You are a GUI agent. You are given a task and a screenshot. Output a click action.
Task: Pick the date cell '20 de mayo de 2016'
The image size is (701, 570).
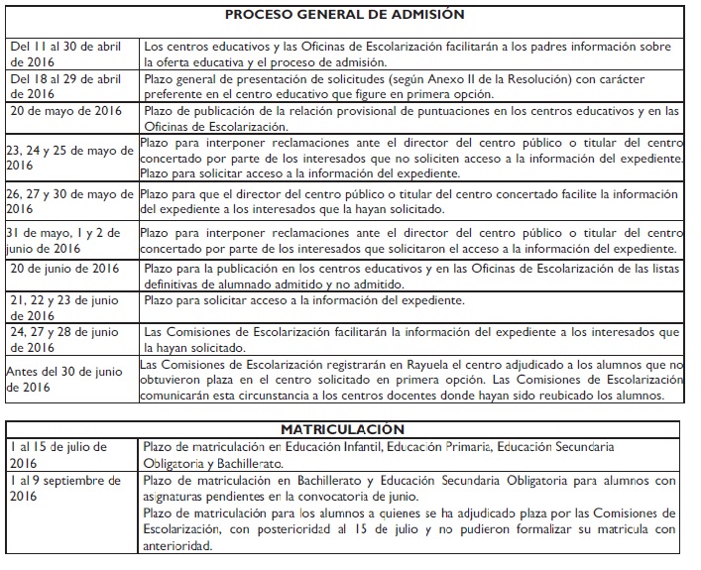click(x=65, y=111)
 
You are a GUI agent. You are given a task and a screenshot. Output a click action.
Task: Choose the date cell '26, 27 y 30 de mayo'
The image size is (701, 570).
click(x=70, y=201)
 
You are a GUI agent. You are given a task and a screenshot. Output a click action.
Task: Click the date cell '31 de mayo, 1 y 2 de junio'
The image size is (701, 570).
click(x=64, y=240)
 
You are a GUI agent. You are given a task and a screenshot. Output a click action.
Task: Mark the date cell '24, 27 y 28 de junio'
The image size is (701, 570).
click(x=64, y=336)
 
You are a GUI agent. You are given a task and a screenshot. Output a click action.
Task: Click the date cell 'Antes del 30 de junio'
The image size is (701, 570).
click(x=68, y=380)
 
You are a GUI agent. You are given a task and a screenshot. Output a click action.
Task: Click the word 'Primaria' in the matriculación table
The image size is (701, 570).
click(x=482, y=447)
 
